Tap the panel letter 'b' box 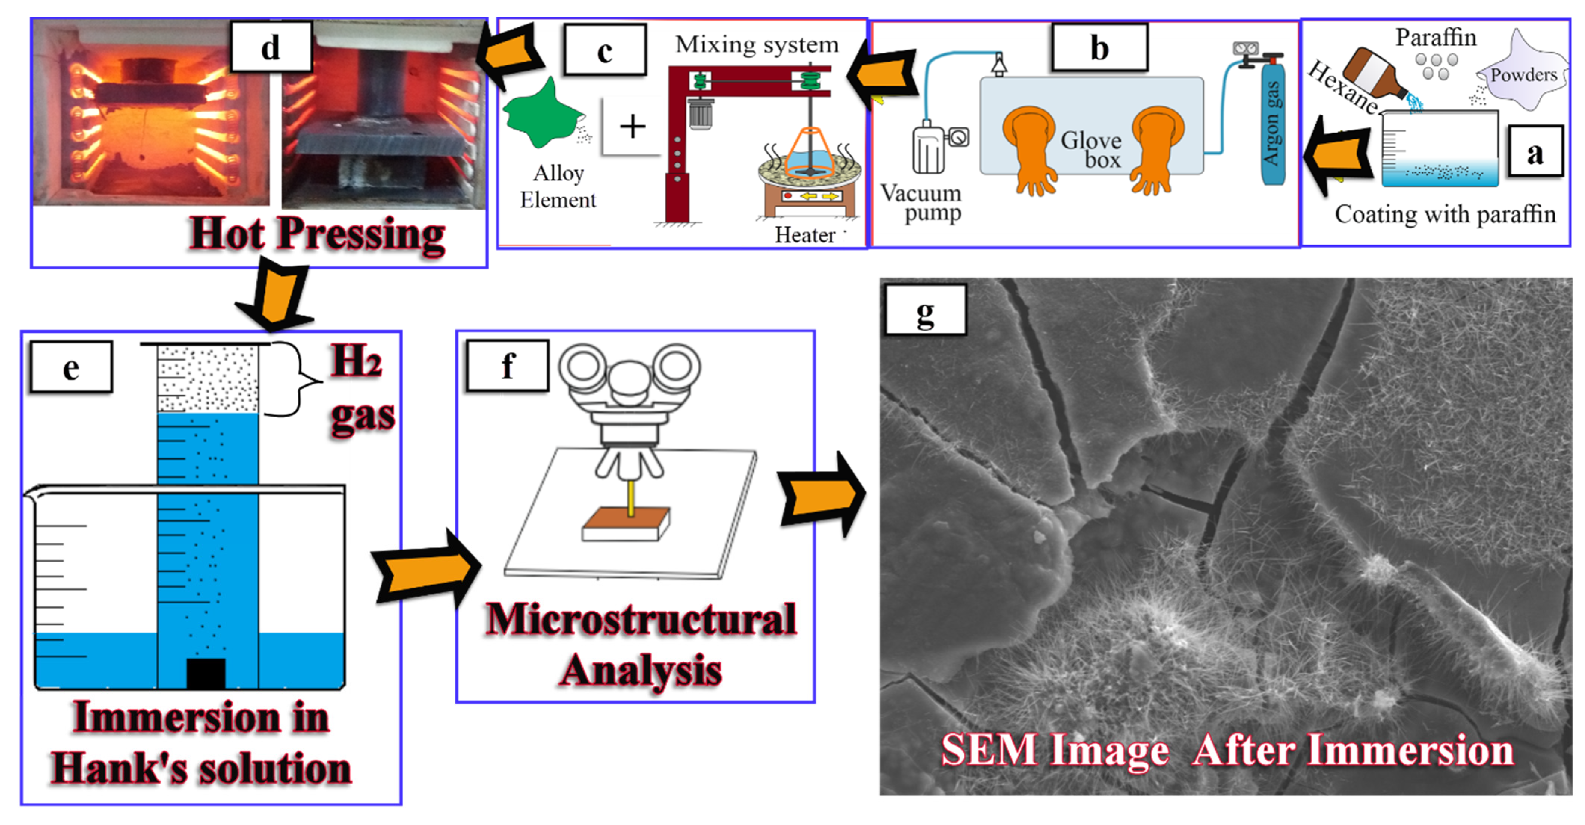pos(1099,48)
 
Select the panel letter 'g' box pos(925,310)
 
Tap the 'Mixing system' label pos(757,44)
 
